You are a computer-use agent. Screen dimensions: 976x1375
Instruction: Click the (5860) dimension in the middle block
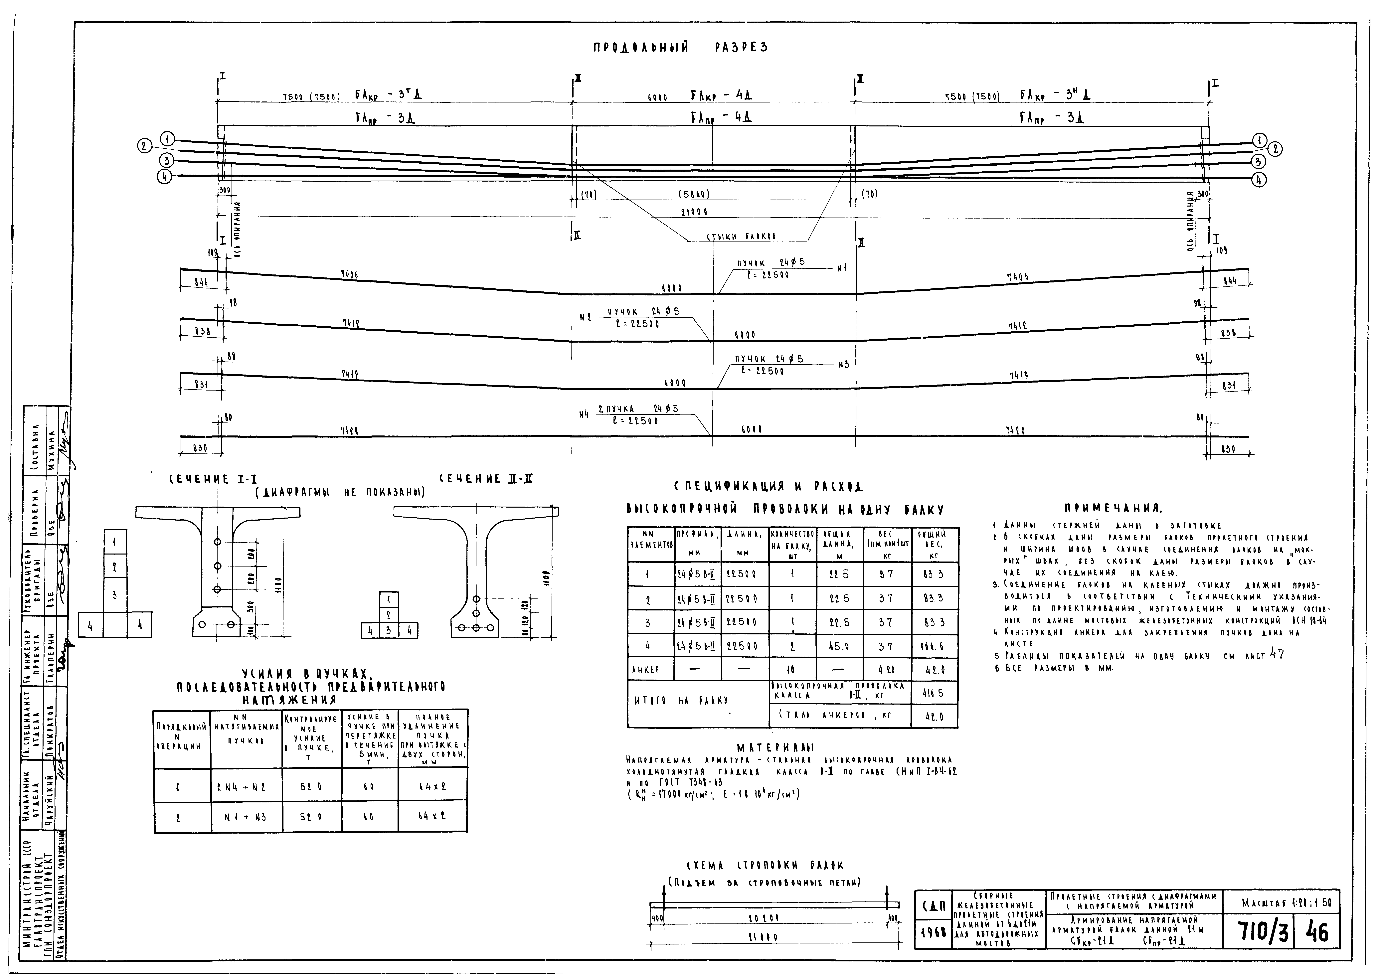click(x=694, y=195)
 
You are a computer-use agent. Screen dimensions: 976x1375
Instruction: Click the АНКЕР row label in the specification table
click(x=645, y=670)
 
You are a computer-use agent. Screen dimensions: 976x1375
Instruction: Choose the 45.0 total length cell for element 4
click(x=839, y=646)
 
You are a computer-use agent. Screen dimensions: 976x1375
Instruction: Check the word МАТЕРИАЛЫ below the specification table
click(x=775, y=748)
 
